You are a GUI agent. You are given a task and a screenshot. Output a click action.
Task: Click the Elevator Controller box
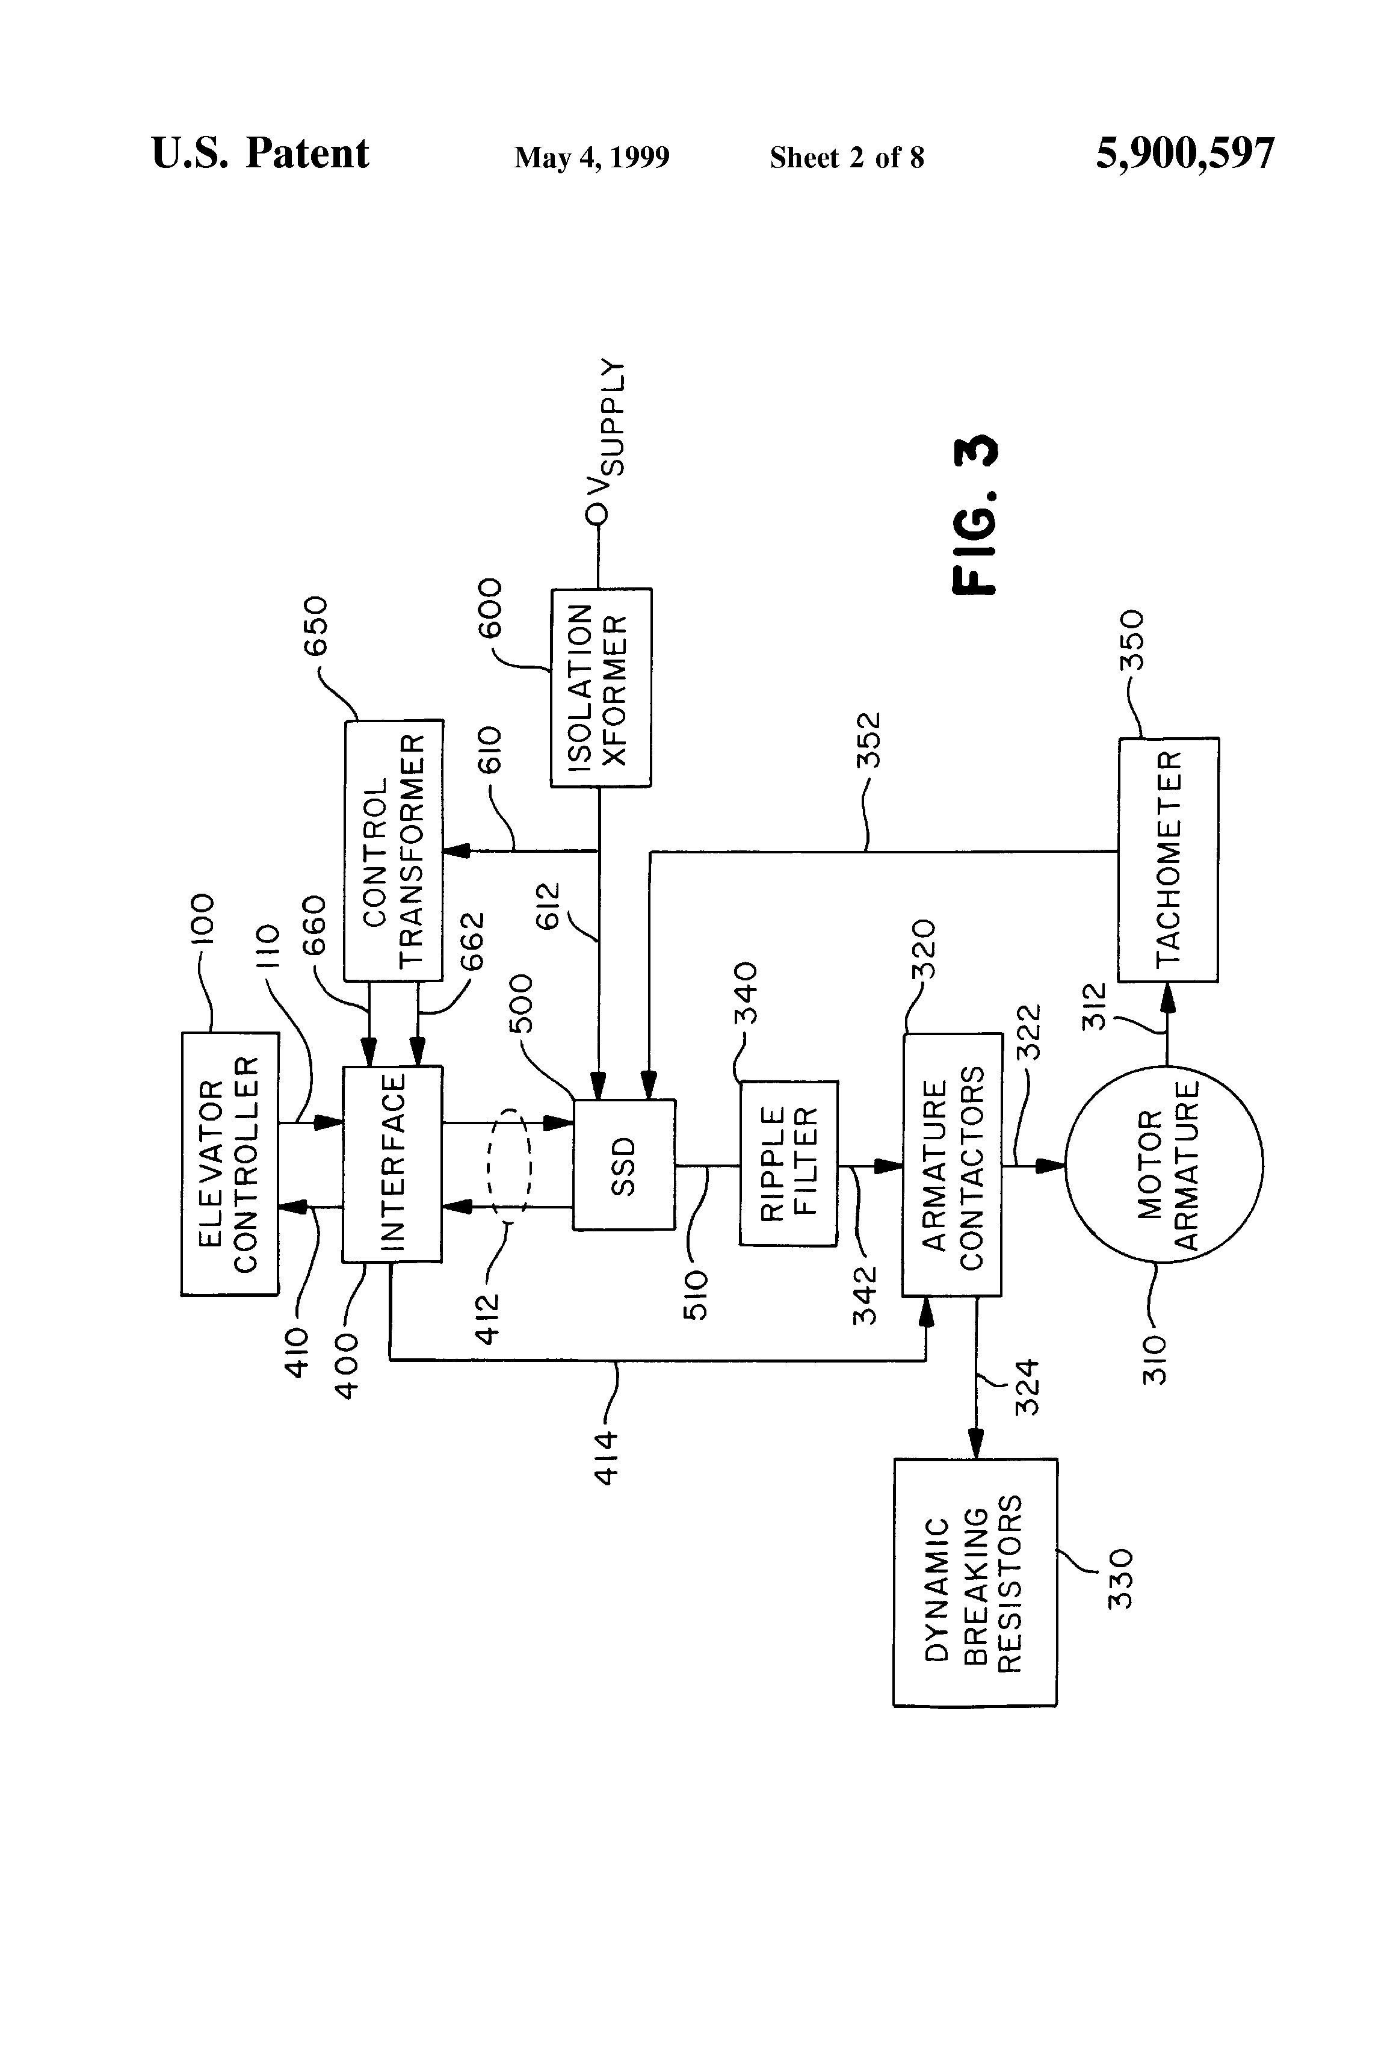coord(229,1164)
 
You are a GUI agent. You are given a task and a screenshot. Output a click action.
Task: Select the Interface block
coord(392,1164)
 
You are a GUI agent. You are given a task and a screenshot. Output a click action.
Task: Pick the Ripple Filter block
coord(788,1164)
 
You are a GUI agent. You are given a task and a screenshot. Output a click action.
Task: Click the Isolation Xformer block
coord(601,687)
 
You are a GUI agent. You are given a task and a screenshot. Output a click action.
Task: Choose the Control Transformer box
coord(394,850)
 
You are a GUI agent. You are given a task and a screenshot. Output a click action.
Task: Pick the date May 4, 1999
coord(592,158)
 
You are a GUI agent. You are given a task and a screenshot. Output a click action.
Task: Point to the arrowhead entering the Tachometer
coord(1167,993)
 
